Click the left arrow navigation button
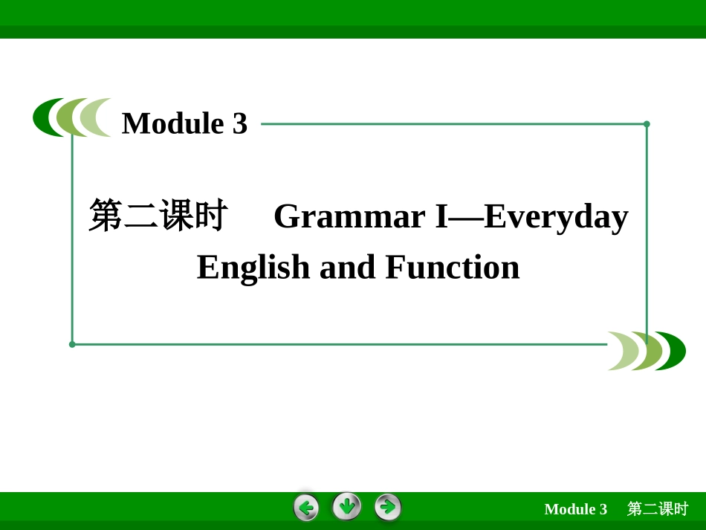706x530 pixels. (306, 508)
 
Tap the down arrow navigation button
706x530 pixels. (347, 507)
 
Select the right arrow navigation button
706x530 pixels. (388, 508)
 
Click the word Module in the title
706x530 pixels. (172, 123)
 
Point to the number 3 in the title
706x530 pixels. (239, 123)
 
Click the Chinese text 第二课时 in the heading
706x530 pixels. (158, 216)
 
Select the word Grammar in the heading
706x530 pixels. (349, 216)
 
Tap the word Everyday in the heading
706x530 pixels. (556, 216)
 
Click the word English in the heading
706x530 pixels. (253, 267)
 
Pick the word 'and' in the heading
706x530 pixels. (347, 267)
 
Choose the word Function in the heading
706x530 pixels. (452, 267)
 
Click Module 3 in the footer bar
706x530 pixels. (575, 509)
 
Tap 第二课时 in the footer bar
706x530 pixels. (658, 509)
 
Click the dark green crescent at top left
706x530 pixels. (42, 118)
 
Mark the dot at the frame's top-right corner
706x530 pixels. (647, 124)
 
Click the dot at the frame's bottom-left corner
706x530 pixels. (72, 344)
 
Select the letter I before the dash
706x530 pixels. (441, 216)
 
